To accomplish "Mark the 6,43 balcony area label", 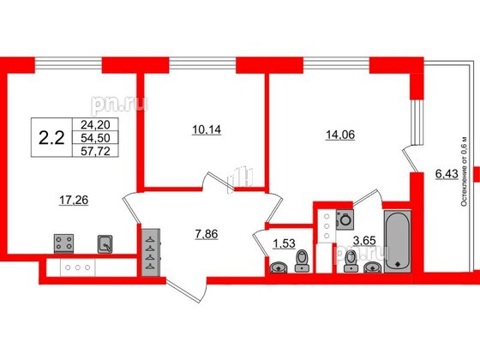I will pos(447,175).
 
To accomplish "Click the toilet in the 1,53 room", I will pos(301,261).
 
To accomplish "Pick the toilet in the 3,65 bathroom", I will pos(349,263).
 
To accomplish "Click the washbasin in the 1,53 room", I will pos(278,267).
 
